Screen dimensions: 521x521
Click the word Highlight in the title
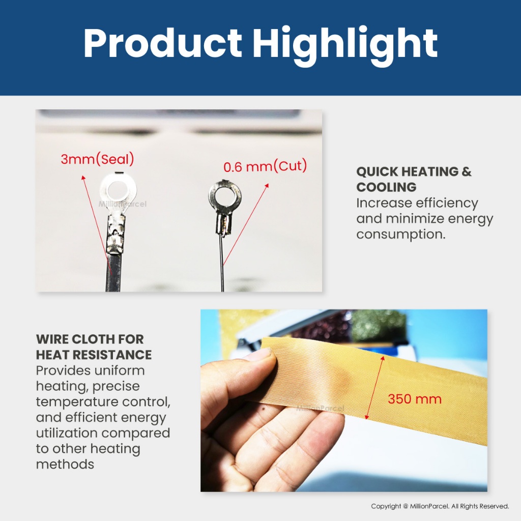[x=344, y=46]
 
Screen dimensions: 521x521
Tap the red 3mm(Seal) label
[x=97, y=159]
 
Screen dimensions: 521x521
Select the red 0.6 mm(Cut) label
[x=265, y=166]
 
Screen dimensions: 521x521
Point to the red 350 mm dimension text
[x=415, y=399]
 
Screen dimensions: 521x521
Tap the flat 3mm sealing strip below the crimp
[x=113, y=273]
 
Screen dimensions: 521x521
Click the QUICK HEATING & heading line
[x=414, y=171]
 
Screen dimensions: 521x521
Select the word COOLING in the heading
[x=386, y=187]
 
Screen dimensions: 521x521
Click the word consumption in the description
[x=401, y=234]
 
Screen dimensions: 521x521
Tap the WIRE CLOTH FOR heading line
[x=90, y=339]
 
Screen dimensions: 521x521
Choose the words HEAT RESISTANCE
[x=94, y=355]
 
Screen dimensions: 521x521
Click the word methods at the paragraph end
[x=65, y=464]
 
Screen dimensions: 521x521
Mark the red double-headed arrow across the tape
[x=374, y=387]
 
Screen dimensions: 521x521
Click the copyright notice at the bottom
[x=440, y=506]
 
